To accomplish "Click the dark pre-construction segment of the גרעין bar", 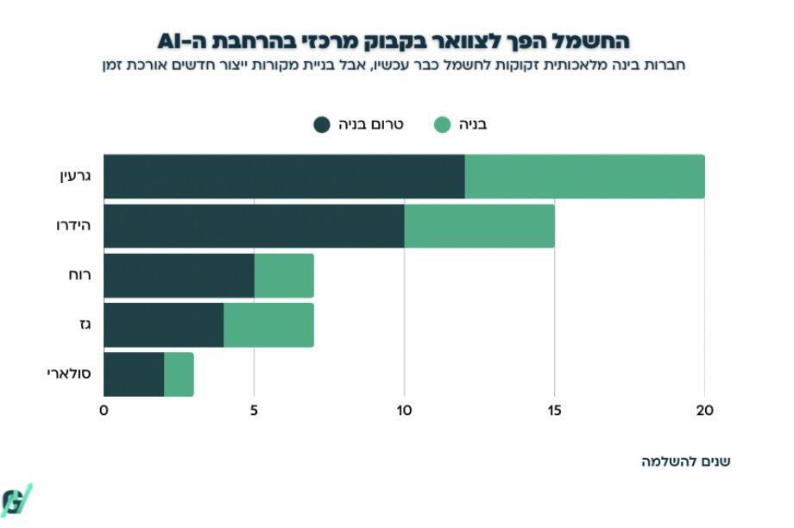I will pyautogui.click(x=284, y=176).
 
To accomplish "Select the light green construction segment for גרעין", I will pyautogui.click(x=584, y=176).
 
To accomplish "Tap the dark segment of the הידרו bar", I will pyautogui.click(x=254, y=226).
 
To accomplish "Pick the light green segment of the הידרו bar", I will pyautogui.click(x=479, y=226).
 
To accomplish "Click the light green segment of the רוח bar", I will pyautogui.click(x=284, y=275).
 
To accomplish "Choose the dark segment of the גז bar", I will pyautogui.click(x=164, y=325).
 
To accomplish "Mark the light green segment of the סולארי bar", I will pyautogui.click(x=179, y=374).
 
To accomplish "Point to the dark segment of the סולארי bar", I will pyautogui.click(x=134, y=374).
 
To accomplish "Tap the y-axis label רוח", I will pyautogui.click(x=81, y=275).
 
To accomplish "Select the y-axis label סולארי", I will pyautogui.click(x=69, y=374).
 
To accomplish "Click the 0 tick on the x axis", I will pyautogui.click(x=104, y=411).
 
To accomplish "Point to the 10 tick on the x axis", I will pyautogui.click(x=404, y=411).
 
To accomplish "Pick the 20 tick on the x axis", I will pyautogui.click(x=704, y=411).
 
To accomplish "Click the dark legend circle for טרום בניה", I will pyautogui.click(x=322, y=124).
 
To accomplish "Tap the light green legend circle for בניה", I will pyautogui.click(x=442, y=124).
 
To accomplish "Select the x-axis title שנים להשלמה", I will pyautogui.click(x=685, y=461).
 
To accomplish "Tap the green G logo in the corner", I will pyautogui.click(x=16, y=500).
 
